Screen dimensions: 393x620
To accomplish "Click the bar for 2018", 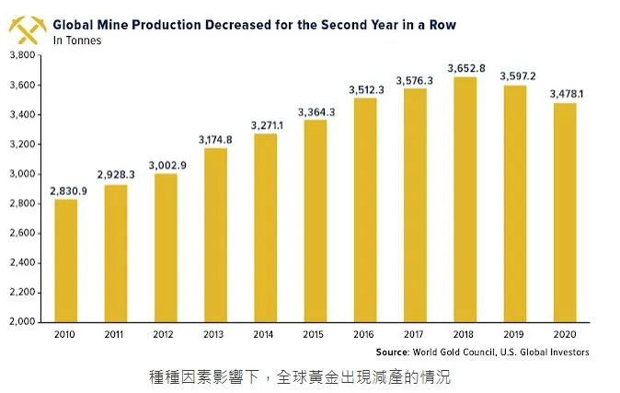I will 465,200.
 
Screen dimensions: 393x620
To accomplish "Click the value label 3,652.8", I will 465,67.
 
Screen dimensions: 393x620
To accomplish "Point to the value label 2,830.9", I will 66,190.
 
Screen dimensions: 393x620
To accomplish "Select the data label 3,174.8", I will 215,139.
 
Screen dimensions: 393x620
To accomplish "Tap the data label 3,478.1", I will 566,93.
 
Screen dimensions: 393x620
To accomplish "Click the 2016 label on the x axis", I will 365,336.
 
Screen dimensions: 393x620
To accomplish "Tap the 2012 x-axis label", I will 166,336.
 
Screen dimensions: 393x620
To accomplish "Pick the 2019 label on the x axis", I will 514,336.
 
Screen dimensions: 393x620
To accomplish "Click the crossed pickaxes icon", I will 28,29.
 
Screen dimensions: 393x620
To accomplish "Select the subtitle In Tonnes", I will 77,40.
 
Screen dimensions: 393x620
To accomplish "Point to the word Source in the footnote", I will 395,352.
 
